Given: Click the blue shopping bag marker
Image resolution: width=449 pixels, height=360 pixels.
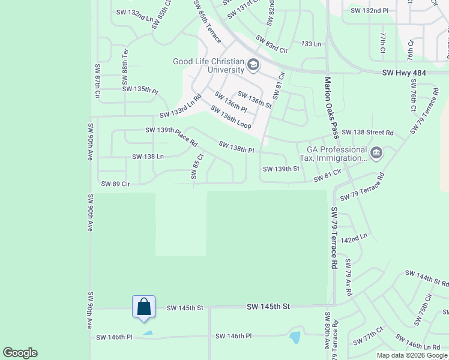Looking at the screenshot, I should [x=144, y=307].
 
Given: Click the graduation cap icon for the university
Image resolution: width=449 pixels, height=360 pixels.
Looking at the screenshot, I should [x=253, y=64].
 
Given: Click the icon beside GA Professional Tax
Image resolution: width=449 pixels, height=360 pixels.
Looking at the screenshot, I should [x=376, y=153].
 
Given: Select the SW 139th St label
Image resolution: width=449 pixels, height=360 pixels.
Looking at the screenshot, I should [x=281, y=169].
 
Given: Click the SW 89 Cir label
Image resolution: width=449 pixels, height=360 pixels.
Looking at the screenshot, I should [x=116, y=184].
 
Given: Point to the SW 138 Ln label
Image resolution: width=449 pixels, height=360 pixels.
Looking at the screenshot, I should [x=148, y=157].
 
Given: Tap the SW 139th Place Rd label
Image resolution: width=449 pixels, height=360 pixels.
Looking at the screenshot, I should [x=171, y=137].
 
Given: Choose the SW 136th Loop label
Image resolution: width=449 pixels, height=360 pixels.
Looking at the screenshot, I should [x=230, y=117].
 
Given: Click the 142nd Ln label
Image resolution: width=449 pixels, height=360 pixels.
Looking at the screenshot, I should [x=354, y=239].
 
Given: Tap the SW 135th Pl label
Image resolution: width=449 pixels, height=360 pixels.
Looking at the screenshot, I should [x=140, y=89].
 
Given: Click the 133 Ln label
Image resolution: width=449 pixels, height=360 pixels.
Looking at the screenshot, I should [x=312, y=44].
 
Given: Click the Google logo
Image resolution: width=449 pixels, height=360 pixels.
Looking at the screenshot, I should [x=20, y=353].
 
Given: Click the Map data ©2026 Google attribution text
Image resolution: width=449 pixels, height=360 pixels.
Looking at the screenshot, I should [x=412, y=355].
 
